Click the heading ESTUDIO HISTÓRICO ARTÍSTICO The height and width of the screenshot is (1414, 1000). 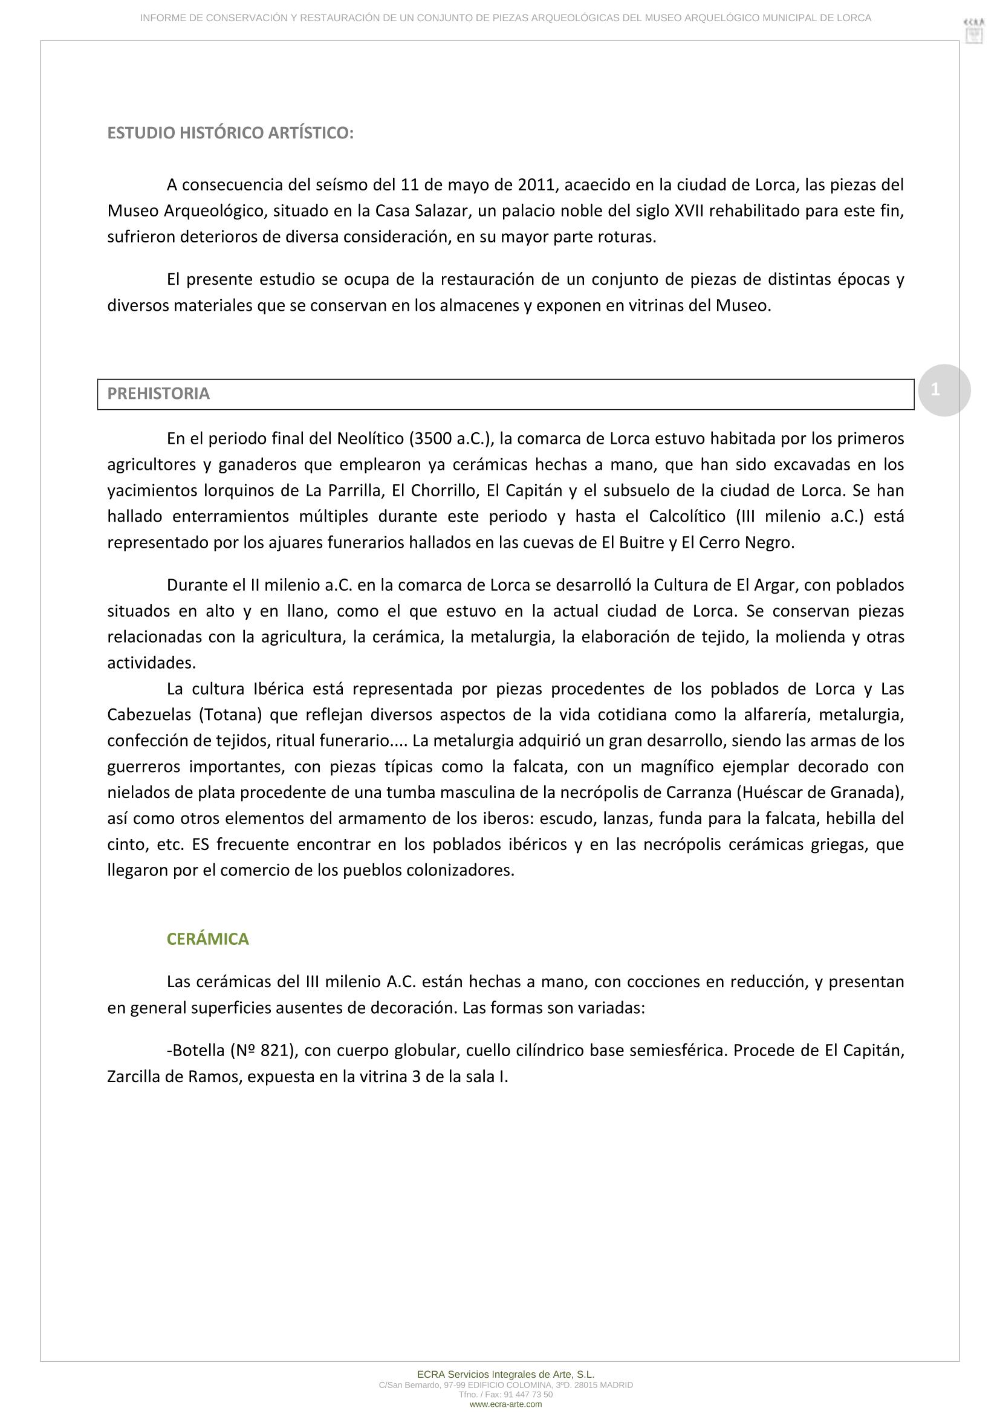click(x=230, y=133)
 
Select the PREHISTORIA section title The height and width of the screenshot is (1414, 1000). click(x=158, y=394)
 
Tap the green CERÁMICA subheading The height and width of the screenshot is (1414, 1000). click(x=207, y=939)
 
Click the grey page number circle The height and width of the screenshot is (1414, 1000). click(x=943, y=390)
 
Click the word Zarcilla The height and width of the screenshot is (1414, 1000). click(x=132, y=1077)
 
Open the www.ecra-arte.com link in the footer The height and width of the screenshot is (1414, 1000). click(x=505, y=1404)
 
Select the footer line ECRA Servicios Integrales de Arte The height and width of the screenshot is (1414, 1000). click(x=505, y=1374)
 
